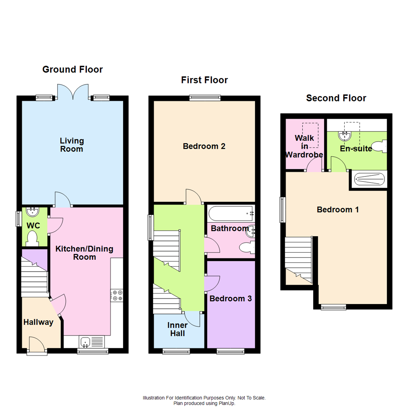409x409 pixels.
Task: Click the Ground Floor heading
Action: point(72,69)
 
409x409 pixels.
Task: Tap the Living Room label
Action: point(72,145)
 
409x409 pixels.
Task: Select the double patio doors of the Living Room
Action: point(73,92)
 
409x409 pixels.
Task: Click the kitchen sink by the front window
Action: point(86,342)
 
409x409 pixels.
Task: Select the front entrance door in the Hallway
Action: point(37,345)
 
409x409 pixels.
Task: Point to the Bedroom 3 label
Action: point(231,298)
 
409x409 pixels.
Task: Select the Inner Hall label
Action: point(178,329)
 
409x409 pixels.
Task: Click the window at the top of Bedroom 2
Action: point(205,98)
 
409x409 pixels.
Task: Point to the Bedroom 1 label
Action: point(337,209)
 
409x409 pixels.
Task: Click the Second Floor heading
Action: point(336,98)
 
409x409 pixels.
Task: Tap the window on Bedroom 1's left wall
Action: point(283,209)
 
